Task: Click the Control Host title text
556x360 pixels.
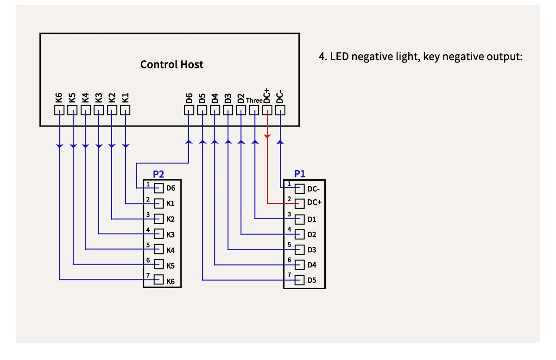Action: pyautogui.click(x=171, y=64)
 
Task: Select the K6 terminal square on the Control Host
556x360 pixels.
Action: pyautogui.click(x=59, y=110)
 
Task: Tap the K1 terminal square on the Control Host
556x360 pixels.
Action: pyautogui.click(x=125, y=110)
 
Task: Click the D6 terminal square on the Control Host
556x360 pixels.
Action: pyautogui.click(x=189, y=110)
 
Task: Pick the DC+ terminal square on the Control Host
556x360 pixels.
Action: pyautogui.click(x=267, y=110)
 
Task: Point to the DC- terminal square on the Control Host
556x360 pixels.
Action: pyautogui.click(x=280, y=110)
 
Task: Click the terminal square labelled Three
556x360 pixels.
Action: pyautogui.click(x=254, y=110)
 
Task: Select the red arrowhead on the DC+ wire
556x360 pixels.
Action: pyautogui.click(x=267, y=136)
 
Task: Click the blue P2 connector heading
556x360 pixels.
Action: pyautogui.click(x=158, y=174)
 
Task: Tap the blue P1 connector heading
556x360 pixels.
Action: pyautogui.click(x=300, y=174)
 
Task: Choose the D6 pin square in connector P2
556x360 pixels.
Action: pyautogui.click(x=159, y=188)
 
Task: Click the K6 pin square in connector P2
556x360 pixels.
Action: pyautogui.click(x=159, y=280)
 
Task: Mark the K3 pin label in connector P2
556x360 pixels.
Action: pyautogui.click(x=171, y=235)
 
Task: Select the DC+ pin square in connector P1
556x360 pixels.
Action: pyautogui.click(x=300, y=203)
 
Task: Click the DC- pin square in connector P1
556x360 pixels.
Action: pyautogui.click(x=300, y=189)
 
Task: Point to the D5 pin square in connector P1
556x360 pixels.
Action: pyautogui.click(x=300, y=280)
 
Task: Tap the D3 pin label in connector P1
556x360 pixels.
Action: pyautogui.click(x=312, y=250)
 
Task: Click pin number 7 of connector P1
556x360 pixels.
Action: pyautogui.click(x=289, y=275)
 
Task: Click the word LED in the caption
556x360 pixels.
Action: pyautogui.click(x=340, y=57)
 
